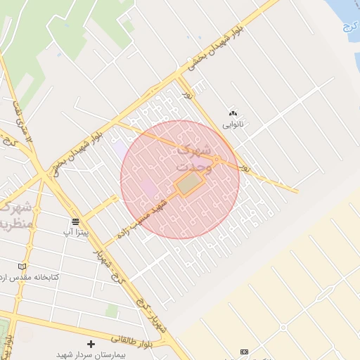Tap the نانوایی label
233,124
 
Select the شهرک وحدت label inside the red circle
195,157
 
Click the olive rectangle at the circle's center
187,185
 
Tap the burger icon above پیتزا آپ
75,221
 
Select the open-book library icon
22,266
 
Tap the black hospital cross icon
91,344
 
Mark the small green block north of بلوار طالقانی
112,310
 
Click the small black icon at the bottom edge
244,352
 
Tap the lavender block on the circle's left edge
122,150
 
